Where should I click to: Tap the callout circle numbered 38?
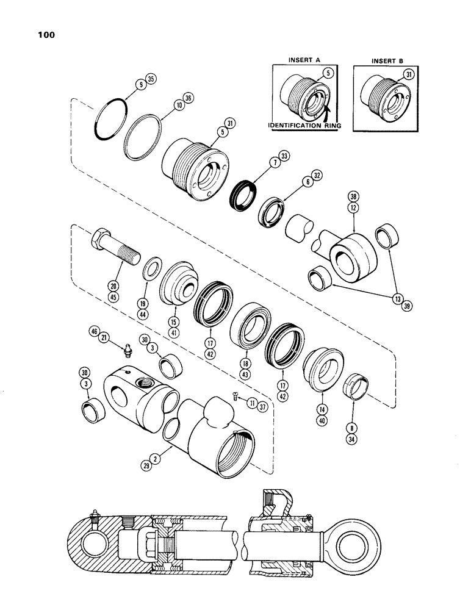[353, 196]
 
